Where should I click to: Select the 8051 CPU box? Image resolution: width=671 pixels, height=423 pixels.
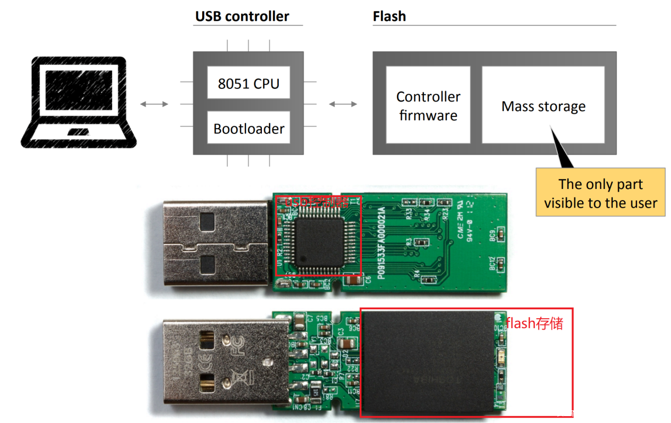(248, 83)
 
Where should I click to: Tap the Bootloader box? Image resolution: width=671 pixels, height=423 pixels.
(249, 128)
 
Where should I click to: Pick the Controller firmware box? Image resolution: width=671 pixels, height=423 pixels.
(428, 105)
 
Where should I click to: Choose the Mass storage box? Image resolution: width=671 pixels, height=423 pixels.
(543, 106)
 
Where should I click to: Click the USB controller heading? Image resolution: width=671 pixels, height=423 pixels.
(242, 16)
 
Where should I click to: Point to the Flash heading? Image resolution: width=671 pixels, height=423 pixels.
(389, 16)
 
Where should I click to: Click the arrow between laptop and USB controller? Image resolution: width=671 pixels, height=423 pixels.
(154, 104)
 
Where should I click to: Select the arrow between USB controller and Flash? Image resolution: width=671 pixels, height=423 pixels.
(343, 104)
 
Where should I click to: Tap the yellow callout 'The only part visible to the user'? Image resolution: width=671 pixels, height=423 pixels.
(600, 193)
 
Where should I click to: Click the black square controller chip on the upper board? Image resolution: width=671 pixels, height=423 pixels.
(320, 241)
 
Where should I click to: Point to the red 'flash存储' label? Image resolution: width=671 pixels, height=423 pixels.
(534, 323)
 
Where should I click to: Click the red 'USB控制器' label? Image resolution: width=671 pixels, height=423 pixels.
(316, 202)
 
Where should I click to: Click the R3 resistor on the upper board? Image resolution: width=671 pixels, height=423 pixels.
(422, 242)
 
